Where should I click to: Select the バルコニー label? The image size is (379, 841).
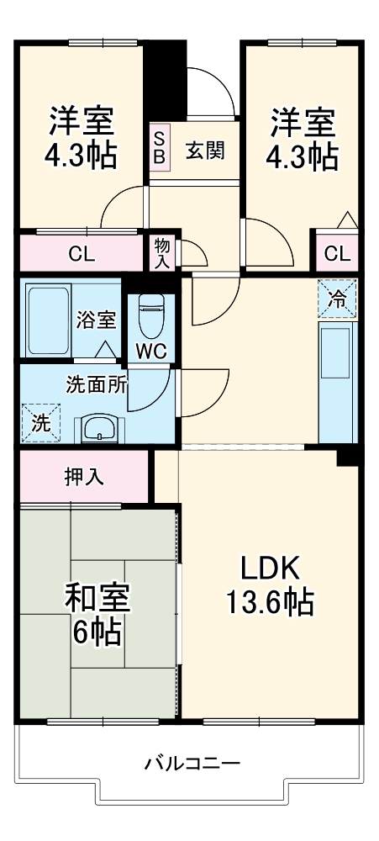point(192,764)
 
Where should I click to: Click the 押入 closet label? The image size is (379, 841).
point(84,477)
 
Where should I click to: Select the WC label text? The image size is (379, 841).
point(152,350)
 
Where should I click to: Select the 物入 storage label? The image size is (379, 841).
point(161,252)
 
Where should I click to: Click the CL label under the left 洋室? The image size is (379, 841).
point(82,253)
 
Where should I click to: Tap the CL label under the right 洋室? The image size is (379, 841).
point(337,253)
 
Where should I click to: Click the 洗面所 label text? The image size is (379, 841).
point(97,384)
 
